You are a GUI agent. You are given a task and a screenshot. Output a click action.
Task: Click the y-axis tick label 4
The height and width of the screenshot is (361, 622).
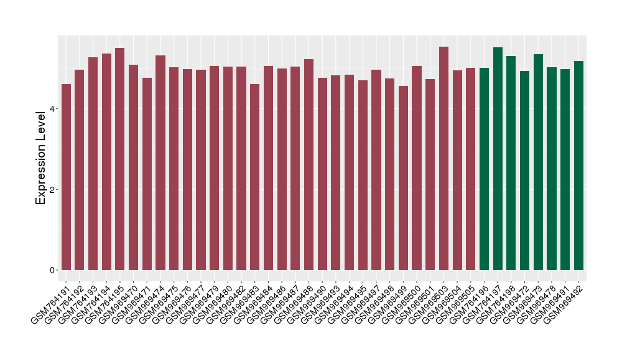coord(53,109)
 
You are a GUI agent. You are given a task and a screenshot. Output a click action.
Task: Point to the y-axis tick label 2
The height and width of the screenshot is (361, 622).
coord(53,189)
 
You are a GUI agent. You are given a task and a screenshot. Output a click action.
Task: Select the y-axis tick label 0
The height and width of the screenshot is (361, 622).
coord(53,270)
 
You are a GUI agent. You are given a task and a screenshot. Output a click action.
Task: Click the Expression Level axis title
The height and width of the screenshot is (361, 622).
coord(41,157)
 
